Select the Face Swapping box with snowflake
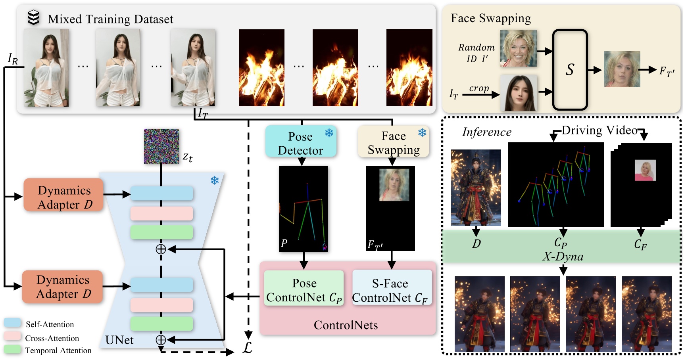393,142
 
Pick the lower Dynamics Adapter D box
63,287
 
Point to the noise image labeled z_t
161,146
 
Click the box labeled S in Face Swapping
570,70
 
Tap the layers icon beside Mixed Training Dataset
34,18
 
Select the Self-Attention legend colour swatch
12,323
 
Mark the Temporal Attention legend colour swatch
12,349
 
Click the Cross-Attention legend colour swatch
12,336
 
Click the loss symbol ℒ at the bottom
248,348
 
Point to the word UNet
119,340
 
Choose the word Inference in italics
487,132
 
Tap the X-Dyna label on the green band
563,257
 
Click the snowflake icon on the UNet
215,181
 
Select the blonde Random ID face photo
518,48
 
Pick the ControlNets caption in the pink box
346,325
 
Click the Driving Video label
599,130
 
